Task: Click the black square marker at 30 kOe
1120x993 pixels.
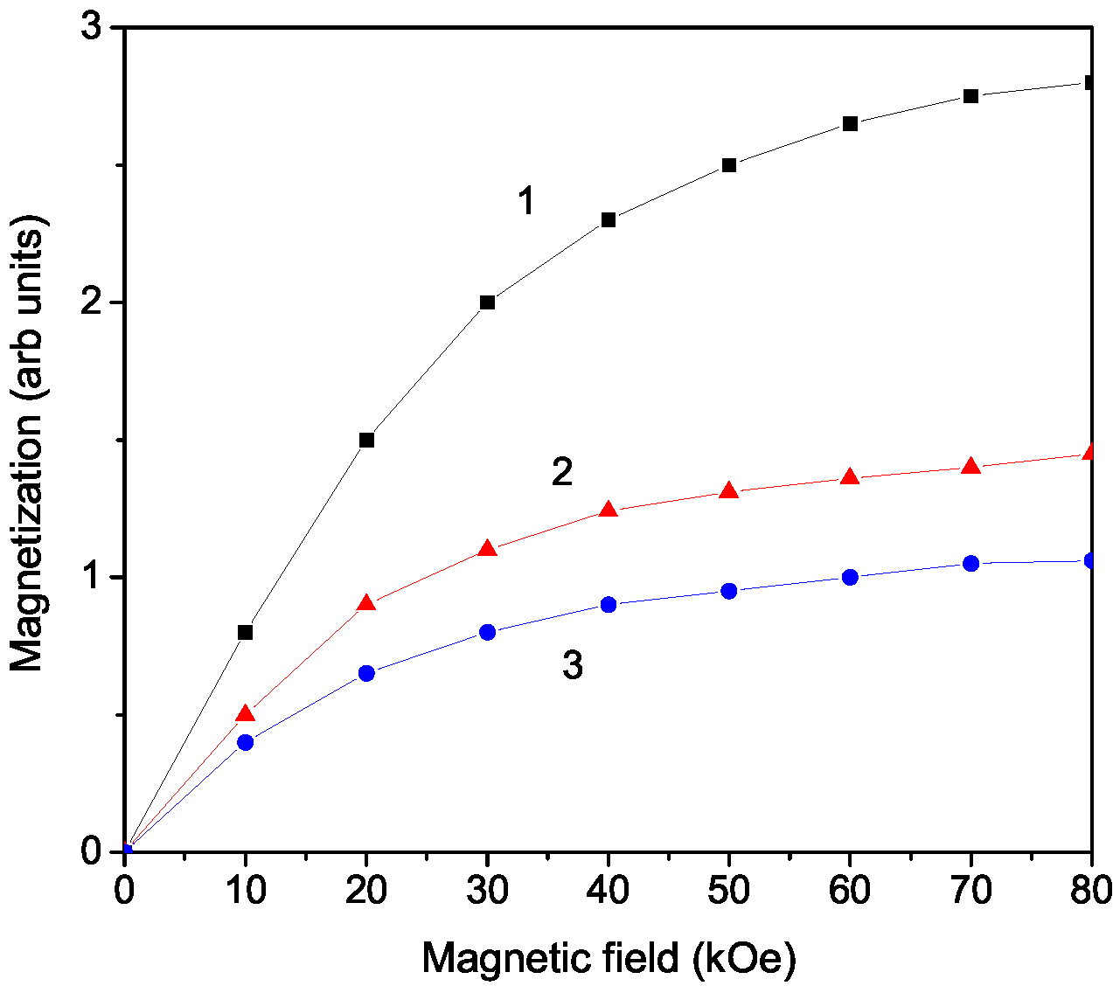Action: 488,302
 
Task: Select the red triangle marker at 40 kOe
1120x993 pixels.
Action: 609,510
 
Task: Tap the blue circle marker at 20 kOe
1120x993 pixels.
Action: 366,673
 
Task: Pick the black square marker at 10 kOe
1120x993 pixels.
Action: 246,632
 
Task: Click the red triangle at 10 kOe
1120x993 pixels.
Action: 246,714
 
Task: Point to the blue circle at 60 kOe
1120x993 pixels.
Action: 850,577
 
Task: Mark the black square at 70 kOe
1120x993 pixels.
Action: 970,96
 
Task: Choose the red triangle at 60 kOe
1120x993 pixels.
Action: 850,477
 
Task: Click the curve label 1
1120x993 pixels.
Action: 525,203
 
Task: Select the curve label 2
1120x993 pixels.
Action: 562,473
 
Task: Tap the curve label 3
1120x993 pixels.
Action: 572,666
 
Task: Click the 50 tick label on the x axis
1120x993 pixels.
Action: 729,892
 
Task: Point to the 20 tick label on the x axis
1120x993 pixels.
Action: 366,892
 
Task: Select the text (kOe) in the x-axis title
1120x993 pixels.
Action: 743,960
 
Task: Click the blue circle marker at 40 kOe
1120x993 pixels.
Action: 609,605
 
